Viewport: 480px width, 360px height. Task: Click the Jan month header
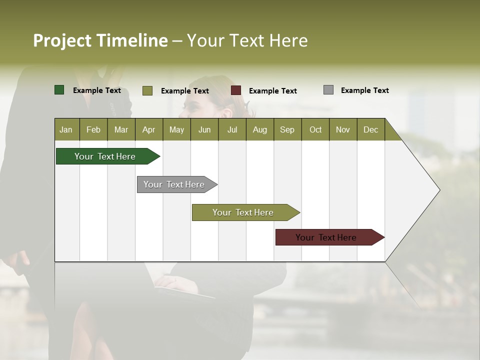66,129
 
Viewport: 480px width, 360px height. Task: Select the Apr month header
148,129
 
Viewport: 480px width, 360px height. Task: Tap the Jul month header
232,129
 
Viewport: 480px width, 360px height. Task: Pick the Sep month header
287,129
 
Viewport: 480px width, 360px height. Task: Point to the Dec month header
370,129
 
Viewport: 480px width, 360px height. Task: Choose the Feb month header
93,129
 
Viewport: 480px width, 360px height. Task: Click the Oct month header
315,129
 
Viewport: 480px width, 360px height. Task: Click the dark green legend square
59,90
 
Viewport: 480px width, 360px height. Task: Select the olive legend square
147,90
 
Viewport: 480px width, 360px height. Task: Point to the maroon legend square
236,90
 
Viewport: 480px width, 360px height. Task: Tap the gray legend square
328,90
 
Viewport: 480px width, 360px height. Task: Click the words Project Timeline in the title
100,40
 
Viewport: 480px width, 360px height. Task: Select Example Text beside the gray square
364,90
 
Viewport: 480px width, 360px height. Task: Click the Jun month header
204,129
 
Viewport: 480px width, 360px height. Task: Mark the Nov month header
343,129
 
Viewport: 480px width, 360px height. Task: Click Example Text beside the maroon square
272,91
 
